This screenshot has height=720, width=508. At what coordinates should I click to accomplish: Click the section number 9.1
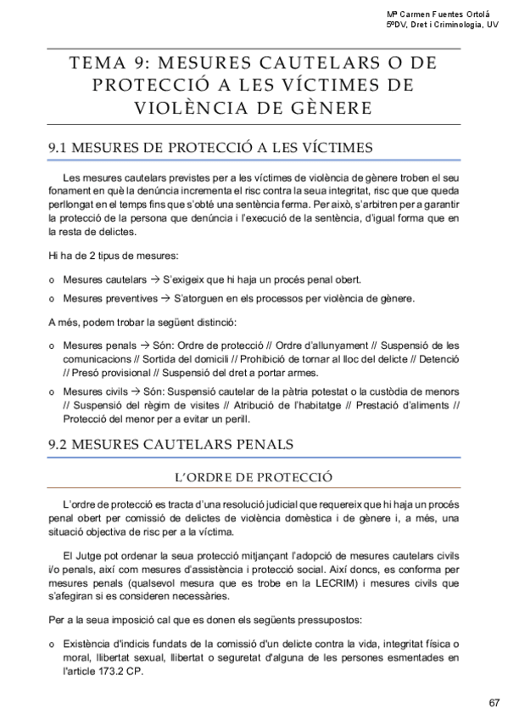[59, 148]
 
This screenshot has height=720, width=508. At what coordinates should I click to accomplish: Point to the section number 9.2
[60, 444]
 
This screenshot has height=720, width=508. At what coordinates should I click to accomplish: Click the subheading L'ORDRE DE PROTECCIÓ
[254, 476]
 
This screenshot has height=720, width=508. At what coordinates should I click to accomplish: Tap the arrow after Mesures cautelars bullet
[154, 279]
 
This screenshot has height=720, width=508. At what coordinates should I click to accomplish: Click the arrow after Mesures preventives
[166, 299]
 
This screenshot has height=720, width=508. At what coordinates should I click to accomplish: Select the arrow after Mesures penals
[144, 346]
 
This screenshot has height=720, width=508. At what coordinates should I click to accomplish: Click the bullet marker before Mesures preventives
[53, 300]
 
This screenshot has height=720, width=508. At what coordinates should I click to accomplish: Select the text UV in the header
[493, 25]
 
